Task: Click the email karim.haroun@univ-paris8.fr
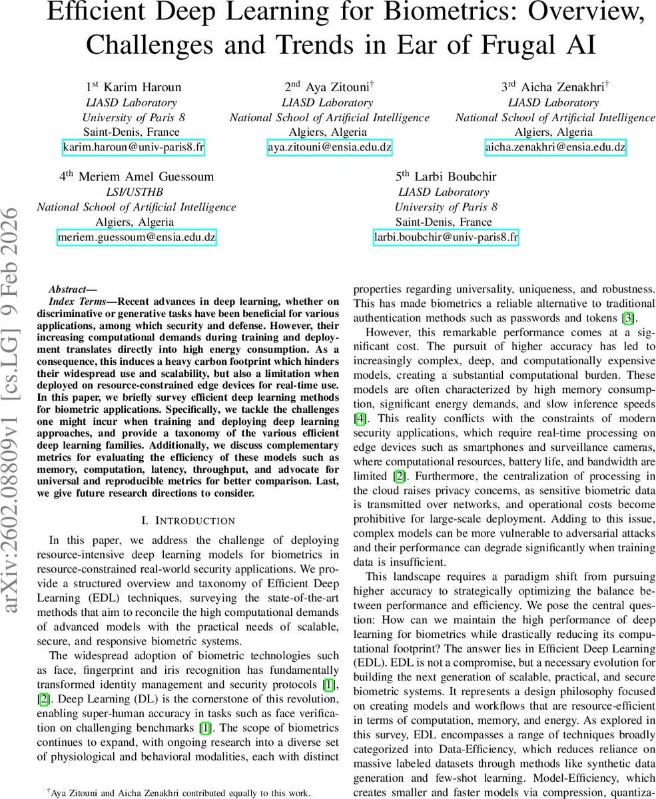133,147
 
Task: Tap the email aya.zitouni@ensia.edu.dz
330,147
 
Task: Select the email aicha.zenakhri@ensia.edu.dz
555,147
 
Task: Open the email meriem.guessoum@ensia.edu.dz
137,237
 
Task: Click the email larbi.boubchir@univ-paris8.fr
446,237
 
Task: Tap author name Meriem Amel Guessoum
145,177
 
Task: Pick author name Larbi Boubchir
455,177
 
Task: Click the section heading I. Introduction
176,521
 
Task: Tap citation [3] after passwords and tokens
627,318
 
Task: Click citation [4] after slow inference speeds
360,419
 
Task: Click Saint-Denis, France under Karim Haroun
133,132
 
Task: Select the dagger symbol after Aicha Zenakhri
607,85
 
